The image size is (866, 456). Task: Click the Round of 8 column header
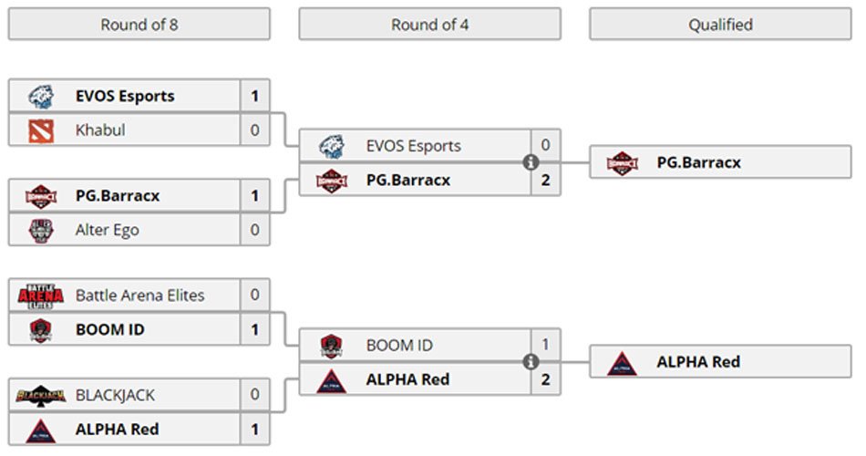click(139, 25)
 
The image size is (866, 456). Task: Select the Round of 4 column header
click(429, 25)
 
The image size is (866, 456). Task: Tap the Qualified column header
click(720, 25)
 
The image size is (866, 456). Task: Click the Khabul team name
click(100, 130)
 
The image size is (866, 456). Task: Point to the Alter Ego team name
click(107, 230)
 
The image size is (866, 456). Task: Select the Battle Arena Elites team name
click(139, 295)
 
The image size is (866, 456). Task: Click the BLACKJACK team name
click(115, 396)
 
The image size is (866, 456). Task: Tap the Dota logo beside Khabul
click(40, 130)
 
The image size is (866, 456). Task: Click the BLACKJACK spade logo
click(40, 396)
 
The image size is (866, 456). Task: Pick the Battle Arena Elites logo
click(40, 295)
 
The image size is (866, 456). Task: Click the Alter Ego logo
click(40, 230)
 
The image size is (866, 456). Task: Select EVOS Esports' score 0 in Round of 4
click(545, 146)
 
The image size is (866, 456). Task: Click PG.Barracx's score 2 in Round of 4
click(545, 181)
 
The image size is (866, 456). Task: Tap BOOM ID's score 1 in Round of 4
click(545, 346)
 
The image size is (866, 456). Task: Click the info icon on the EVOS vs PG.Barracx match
click(530, 163)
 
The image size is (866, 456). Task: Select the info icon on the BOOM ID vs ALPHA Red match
click(530, 363)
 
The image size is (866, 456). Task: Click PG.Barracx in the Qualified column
click(698, 163)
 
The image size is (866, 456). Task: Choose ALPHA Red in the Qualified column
click(697, 362)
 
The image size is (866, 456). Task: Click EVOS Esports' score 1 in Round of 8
click(255, 96)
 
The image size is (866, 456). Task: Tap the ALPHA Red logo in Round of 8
click(40, 430)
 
